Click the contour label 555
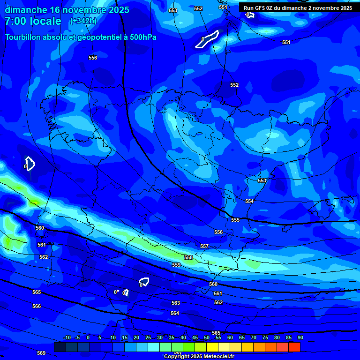pos(235,220)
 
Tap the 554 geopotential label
pos(249,201)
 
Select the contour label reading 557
pos(204,246)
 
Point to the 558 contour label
pos(188,257)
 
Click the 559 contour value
pos(176,265)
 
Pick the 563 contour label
pos(176,303)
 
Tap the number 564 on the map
pos(175,313)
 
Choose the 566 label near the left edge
pos(37,306)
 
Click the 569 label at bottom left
pos(41,353)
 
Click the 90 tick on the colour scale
pos(300,337)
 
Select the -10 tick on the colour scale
pos(67,337)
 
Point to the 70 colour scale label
pos(253,337)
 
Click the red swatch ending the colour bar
pos(294,347)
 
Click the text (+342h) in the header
pos(83,21)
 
